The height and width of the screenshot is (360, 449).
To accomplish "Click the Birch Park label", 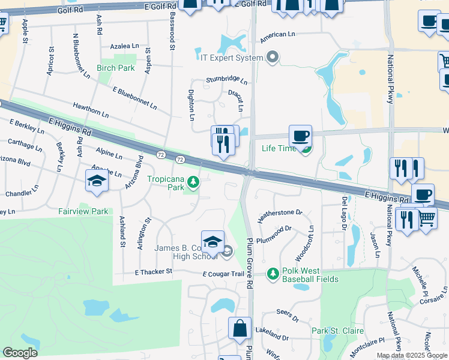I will pos(116,68).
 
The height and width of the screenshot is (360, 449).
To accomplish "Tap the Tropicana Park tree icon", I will pos(193,181).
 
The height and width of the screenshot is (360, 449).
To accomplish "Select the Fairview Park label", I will pos(83,211).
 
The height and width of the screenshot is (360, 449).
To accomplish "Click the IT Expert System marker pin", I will pos(273,58).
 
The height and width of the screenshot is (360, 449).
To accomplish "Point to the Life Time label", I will pos(279,148).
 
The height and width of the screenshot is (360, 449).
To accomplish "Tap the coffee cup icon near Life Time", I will pos(300,136).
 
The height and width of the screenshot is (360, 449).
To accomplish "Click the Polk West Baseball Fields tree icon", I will pos(273,274).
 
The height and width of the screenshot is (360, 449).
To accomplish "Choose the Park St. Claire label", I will pos(337,331).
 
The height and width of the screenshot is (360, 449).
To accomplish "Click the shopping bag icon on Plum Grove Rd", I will pos(240,329).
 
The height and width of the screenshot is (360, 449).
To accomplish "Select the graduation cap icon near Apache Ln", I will pos(97,181).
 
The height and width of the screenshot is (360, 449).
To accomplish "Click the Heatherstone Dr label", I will pos(280,213).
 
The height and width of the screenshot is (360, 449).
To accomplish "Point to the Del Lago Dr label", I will pos(345,214).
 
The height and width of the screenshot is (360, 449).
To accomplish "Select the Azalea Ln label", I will pos(125,46).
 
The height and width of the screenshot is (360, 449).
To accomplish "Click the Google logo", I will pos(20,353).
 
